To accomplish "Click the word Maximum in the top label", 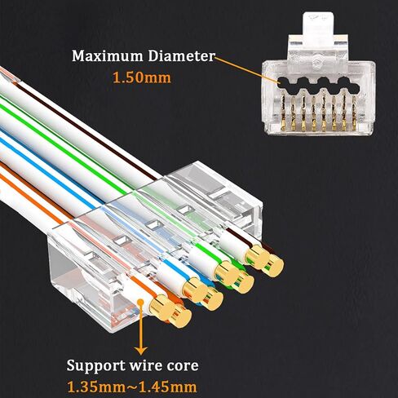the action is pos(108,56).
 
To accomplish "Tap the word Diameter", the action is pos(182,56).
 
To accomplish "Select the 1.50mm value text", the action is pos(142,77).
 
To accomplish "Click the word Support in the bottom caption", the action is pos(95,366).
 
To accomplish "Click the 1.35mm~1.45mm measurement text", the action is pos(132,387).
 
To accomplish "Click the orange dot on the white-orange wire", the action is pos(141,302).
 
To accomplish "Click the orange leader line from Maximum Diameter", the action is pos(246,69).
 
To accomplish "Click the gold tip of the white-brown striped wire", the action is pos(257,257).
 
